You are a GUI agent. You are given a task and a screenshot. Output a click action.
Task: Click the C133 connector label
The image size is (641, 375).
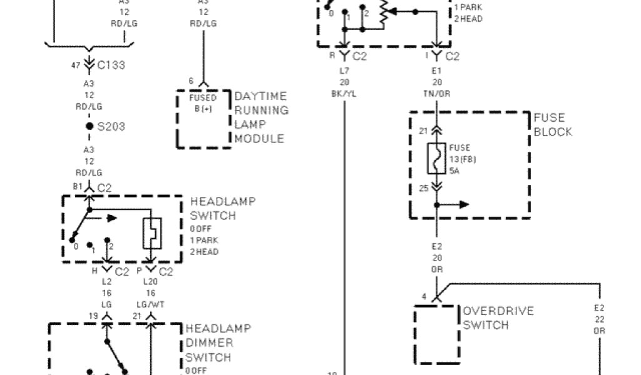[111, 65]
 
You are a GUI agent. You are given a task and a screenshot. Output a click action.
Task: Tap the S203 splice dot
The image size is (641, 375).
[90, 127]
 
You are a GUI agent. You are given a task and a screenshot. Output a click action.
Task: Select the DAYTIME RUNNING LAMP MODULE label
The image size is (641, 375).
[261, 117]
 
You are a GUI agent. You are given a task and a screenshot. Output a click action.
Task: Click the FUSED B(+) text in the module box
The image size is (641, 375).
[203, 102]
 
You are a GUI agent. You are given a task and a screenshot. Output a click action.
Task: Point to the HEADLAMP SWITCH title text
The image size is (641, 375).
[222, 209]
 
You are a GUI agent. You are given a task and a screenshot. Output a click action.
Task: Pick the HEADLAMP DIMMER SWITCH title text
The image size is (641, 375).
[217, 343]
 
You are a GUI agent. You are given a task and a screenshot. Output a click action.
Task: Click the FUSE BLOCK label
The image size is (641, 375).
[553, 125]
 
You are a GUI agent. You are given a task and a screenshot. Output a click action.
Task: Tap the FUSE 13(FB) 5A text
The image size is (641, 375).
[459, 158]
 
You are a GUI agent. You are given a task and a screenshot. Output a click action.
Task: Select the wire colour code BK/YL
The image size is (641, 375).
[344, 94]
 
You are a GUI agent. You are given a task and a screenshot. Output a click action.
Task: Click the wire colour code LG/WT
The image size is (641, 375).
[150, 303]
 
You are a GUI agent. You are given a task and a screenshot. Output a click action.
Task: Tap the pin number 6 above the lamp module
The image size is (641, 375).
[192, 80]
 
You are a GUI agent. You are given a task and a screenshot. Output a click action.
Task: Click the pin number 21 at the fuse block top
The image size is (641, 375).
[423, 131]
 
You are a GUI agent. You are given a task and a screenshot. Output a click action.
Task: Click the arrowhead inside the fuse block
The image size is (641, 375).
[463, 204]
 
